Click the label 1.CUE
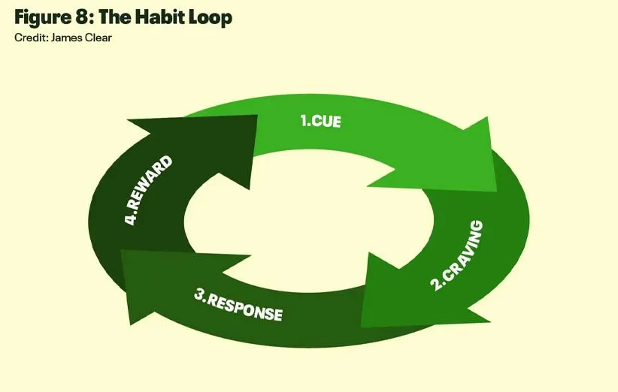(321, 120)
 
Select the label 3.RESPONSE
(238, 303)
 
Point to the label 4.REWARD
(149, 191)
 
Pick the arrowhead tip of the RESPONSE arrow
(122, 252)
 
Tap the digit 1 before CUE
(304, 119)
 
